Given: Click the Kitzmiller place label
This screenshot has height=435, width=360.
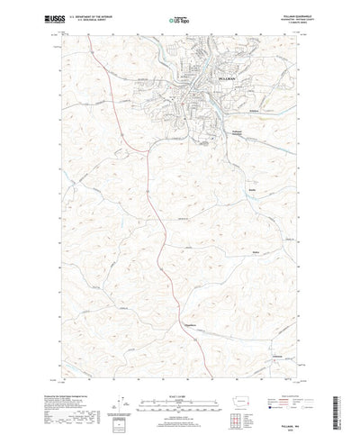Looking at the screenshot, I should point(257,252).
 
